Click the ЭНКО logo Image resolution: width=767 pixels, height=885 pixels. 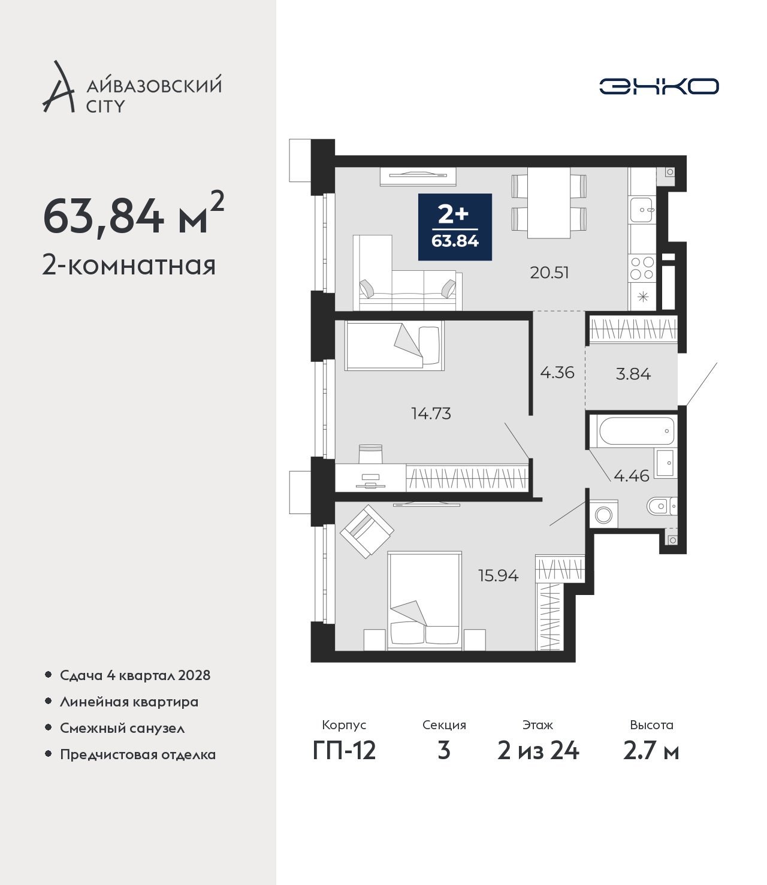coord(659,86)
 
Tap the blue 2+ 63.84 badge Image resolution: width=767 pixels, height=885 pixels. coord(455,227)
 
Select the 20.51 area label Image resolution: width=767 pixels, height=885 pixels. coord(549,273)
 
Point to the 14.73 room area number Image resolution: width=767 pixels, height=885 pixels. coord(431,413)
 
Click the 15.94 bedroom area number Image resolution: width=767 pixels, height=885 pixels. coord(499,576)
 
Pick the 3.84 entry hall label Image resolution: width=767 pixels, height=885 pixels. coord(633,374)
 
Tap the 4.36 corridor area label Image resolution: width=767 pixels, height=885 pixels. coord(557,373)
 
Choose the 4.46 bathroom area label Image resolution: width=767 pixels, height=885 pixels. coord(632,476)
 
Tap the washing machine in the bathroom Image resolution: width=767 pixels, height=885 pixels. coord(604,514)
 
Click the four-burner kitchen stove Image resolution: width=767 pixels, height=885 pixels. coord(642,268)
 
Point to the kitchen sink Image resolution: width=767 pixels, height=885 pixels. coord(642,209)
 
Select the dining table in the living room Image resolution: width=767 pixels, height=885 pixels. coord(549,203)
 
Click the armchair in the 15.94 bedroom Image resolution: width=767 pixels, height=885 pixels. coord(367,531)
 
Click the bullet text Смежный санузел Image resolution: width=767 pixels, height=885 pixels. coord(122,728)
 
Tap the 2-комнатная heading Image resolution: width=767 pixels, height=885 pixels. coord(129,266)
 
